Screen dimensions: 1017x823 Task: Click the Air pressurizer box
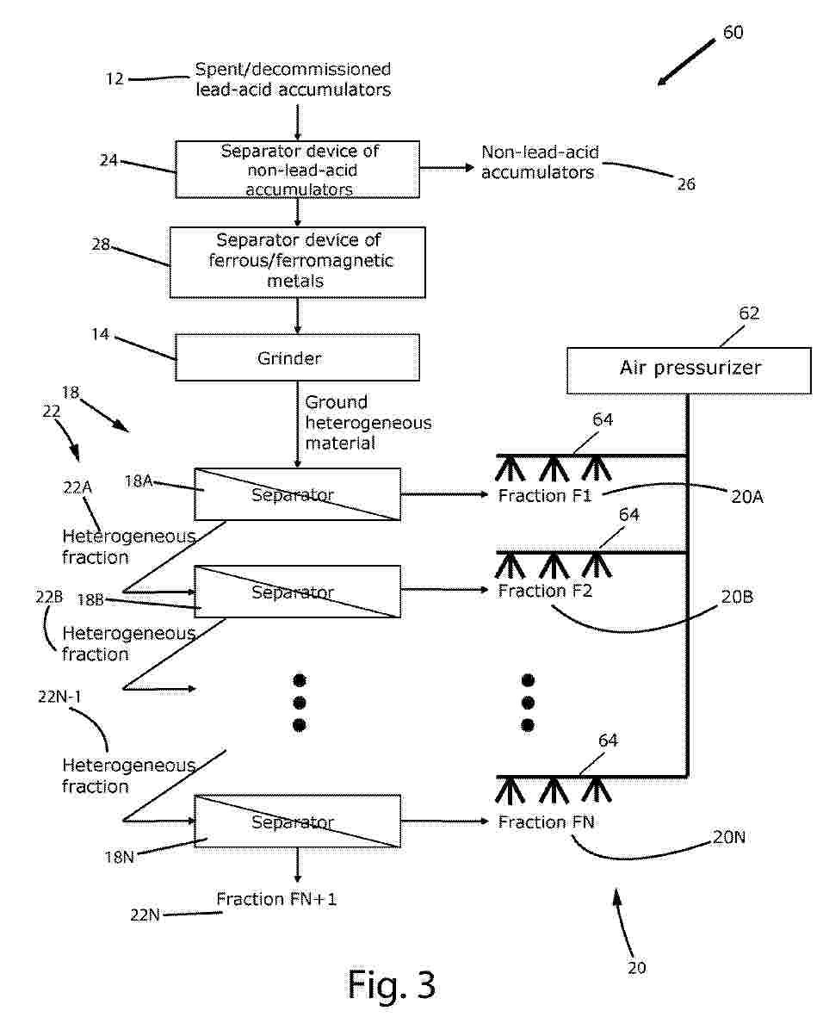click(x=689, y=369)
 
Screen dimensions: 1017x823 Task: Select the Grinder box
click(x=297, y=357)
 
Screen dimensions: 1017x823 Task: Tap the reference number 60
click(x=733, y=33)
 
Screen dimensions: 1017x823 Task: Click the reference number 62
click(x=749, y=313)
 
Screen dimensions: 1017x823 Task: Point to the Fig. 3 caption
click(x=392, y=983)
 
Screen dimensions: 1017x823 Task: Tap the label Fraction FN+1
click(x=276, y=900)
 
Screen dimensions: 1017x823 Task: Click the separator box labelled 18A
click(x=297, y=494)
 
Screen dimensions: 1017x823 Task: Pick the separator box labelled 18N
click(x=297, y=822)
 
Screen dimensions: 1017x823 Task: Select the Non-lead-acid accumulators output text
click(x=540, y=163)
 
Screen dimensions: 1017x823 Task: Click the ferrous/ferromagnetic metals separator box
click(x=297, y=262)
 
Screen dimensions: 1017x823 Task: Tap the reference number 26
click(x=686, y=184)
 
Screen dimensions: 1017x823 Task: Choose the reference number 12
click(x=115, y=79)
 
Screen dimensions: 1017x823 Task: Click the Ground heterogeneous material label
click(x=368, y=422)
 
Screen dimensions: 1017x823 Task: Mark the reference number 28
click(x=101, y=245)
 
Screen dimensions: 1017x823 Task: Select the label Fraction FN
click(x=547, y=822)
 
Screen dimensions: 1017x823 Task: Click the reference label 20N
click(x=728, y=836)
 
